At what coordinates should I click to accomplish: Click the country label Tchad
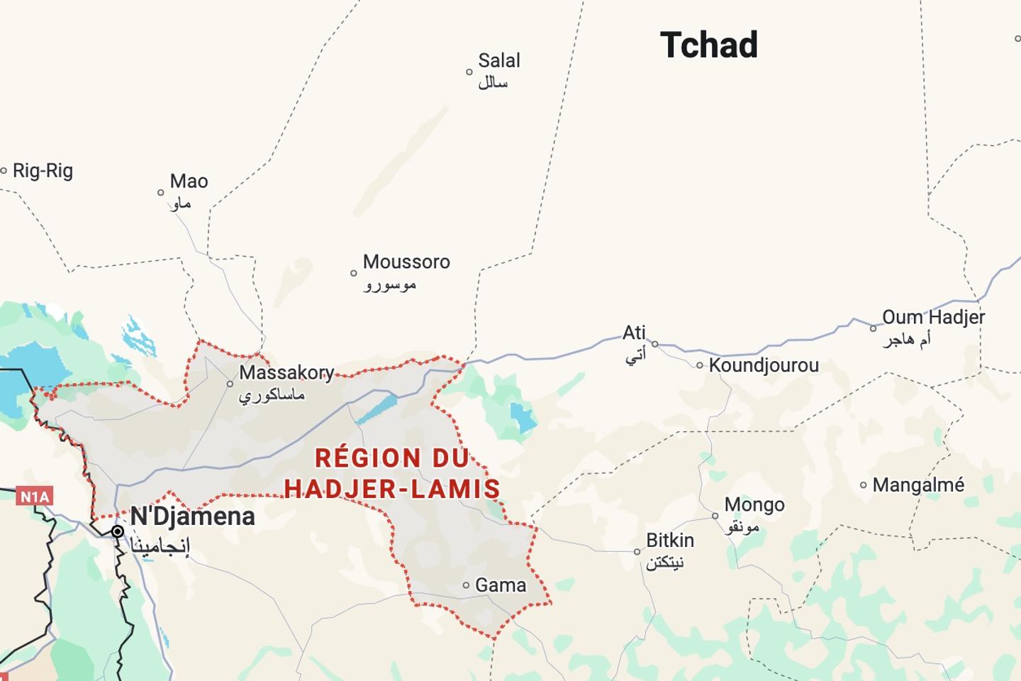[x=709, y=45]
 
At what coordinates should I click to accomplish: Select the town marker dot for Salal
[x=469, y=72]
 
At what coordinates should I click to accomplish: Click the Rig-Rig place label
[x=43, y=171]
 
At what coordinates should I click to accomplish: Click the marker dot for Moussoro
[x=354, y=273]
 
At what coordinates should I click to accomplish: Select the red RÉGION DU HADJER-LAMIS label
[x=392, y=473]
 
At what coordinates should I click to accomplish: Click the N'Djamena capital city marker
[x=118, y=531]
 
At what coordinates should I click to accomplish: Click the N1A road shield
[x=34, y=497]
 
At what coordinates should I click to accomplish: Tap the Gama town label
[x=501, y=585]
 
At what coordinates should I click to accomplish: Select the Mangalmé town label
[x=918, y=485]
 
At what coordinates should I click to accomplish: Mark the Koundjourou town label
[x=764, y=365]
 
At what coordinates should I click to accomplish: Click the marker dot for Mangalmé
[x=864, y=485]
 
